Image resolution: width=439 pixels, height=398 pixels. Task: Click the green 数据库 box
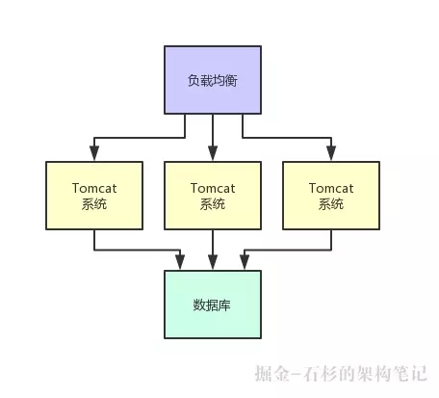tap(213, 305)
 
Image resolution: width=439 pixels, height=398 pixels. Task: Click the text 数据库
tap(213, 305)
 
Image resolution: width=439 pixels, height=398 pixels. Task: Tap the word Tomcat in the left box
tap(93, 188)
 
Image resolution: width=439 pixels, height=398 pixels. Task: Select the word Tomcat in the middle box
tap(213, 188)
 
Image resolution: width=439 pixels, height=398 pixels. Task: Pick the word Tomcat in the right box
tap(330, 188)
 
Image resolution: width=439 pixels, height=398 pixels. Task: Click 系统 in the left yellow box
tap(93, 204)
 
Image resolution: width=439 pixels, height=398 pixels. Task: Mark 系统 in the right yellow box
tap(330, 204)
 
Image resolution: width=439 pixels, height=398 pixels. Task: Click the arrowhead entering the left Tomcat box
tap(93, 153)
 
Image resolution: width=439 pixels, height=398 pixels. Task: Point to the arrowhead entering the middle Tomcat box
tap(213, 153)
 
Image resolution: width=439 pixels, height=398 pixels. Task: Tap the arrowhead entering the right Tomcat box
tap(330, 153)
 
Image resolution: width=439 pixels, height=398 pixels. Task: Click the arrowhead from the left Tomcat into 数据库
tap(181, 263)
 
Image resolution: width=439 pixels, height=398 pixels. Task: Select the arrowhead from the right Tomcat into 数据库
tap(245, 263)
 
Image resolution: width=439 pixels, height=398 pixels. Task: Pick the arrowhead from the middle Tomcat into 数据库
tap(213, 263)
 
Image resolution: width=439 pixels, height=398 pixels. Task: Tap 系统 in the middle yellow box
tap(213, 204)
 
